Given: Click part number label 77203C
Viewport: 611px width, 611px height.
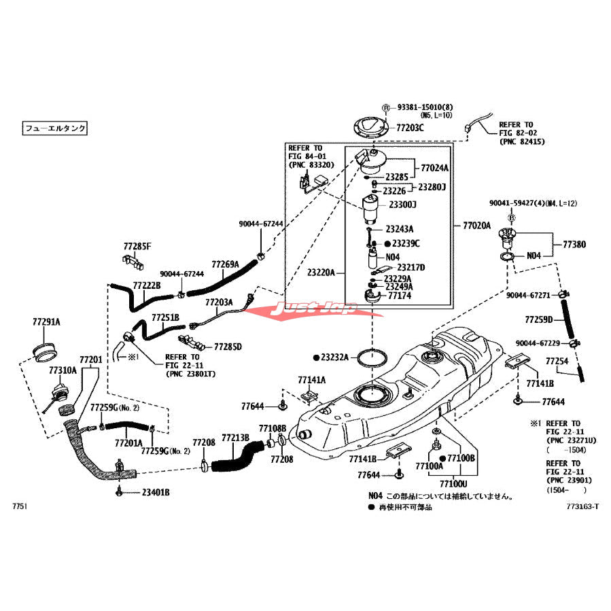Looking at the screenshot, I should point(411,128).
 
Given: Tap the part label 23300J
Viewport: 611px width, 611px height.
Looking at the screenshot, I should point(402,205).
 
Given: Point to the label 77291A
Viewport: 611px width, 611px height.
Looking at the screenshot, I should point(46,321).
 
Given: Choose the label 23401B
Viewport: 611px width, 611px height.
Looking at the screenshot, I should point(156,492).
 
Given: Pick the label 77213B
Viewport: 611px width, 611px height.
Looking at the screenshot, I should point(235,438).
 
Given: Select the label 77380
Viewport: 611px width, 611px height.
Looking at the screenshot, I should point(574,244).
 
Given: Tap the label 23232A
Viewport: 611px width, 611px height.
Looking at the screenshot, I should point(334,357).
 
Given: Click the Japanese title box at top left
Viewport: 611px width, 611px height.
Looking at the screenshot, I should point(56,127).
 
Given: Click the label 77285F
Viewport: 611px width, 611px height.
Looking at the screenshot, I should point(137,246).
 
